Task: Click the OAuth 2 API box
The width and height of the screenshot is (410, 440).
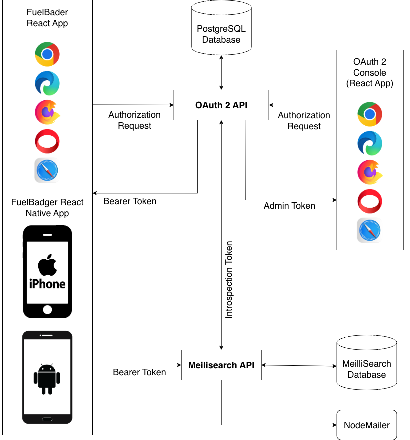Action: (x=221, y=105)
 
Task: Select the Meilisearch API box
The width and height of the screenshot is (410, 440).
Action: (x=221, y=365)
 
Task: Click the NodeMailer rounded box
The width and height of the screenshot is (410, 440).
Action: (x=366, y=425)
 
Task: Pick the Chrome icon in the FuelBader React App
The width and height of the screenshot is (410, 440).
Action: (x=47, y=54)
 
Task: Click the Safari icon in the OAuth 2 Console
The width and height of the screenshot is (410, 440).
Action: (x=369, y=230)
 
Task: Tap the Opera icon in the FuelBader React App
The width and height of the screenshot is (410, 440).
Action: (x=47, y=141)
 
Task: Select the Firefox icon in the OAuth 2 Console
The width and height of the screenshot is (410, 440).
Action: (x=370, y=173)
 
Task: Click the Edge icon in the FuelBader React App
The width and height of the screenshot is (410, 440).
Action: (x=47, y=83)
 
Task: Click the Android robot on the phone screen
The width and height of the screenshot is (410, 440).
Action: (x=47, y=378)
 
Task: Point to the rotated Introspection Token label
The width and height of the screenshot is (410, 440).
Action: (x=229, y=279)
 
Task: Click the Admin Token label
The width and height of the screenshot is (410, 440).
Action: (x=289, y=205)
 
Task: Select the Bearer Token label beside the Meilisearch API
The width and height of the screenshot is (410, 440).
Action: (x=139, y=372)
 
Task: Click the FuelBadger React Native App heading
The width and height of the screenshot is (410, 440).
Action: (x=47, y=208)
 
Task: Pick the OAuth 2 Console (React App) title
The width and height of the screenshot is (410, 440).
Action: (x=370, y=73)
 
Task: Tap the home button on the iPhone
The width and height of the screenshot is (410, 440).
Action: (x=47, y=309)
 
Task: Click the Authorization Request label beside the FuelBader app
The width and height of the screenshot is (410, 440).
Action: (x=134, y=120)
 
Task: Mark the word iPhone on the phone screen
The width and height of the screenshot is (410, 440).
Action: (x=47, y=284)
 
